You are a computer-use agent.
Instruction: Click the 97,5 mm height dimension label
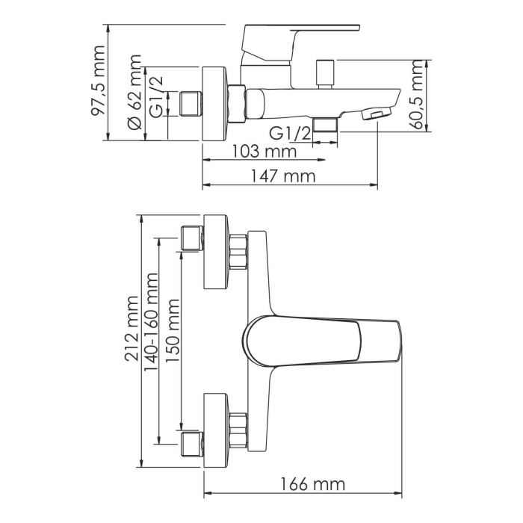(x=96, y=82)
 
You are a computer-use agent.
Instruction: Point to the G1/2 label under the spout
(x=290, y=133)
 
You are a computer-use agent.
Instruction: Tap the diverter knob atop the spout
(x=324, y=72)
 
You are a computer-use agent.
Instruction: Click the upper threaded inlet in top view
(x=193, y=237)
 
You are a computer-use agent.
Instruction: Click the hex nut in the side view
(x=238, y=103)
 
